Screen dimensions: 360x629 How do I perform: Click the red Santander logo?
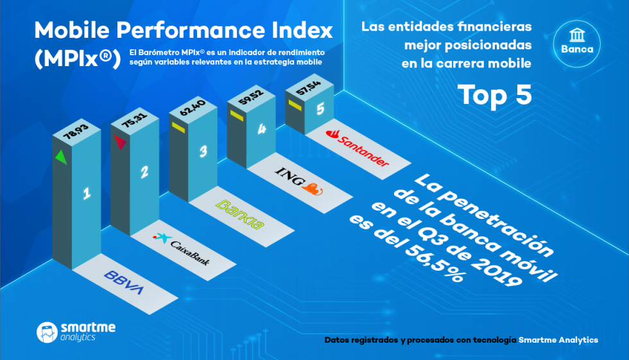(357, 147)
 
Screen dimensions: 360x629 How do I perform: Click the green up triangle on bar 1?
(60, 155)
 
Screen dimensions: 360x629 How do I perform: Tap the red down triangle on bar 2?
(119, 142)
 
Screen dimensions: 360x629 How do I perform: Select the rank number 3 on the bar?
(203, 152)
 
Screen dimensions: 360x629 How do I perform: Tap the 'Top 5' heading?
(495, 94)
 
